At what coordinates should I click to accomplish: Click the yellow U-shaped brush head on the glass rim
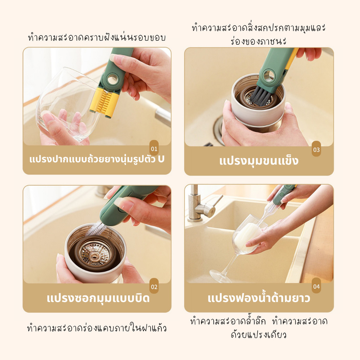coord(104,102)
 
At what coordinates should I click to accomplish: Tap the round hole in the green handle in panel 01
coord(112,79)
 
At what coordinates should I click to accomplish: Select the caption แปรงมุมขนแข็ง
coord(259,161)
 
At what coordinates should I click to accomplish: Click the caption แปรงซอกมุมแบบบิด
coord(98,298)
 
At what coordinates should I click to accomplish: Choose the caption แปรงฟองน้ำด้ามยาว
coord(259,298)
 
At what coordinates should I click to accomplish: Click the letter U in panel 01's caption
coord(161,159)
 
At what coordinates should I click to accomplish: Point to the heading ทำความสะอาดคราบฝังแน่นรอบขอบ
coord(97,37)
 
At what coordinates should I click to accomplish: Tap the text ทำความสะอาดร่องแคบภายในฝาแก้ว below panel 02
coord(97,328)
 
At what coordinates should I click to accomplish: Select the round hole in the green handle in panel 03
coord(269,76)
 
